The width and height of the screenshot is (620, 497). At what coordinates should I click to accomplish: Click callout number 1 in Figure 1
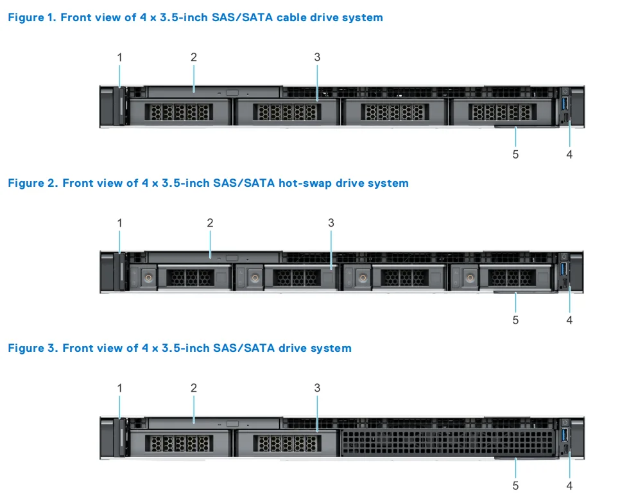(x=119, y=57)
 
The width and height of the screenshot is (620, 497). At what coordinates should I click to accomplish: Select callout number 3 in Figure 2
(x=331, y=223)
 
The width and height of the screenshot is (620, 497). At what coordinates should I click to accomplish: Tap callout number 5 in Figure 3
(x=515, y=485)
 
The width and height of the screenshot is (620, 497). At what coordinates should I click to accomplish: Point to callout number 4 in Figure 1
(x=569, y=154)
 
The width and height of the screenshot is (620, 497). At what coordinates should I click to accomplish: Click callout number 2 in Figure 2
(x=210, y=223)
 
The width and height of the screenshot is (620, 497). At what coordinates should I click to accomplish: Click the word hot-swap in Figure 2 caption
(x=302, y=183)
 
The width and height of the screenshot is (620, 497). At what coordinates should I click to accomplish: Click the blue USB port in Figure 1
(x=565, y=105)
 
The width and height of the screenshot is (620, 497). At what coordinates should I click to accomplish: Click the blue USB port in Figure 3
(x=565, y=435)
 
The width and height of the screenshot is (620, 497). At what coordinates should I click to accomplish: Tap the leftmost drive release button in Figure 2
(x=148, y=278)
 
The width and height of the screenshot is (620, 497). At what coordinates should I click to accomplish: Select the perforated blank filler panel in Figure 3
(x=447, y=443)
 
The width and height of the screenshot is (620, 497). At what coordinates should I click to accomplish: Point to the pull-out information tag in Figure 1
(x=517, y=127)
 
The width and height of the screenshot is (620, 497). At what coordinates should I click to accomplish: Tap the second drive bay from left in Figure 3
(x=286, y=443)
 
